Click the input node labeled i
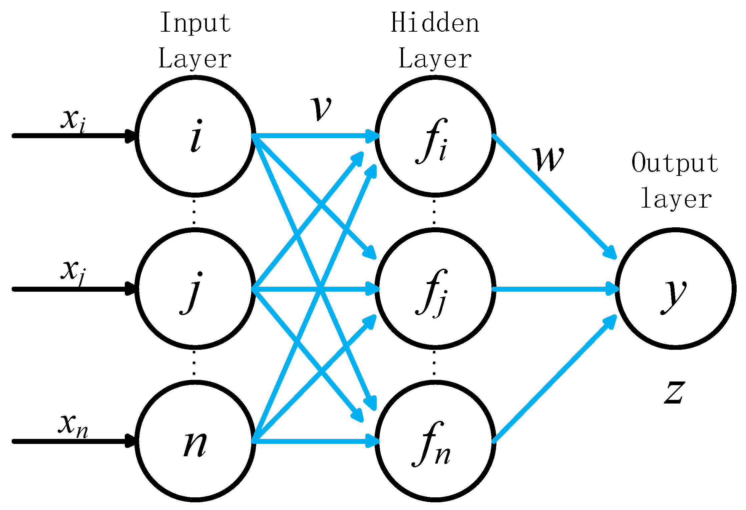195,136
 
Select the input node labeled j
195,289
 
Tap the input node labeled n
195,441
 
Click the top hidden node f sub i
435,136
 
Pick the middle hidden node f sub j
435,289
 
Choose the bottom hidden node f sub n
435,441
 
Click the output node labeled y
675,289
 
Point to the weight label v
321,108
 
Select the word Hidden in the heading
435,23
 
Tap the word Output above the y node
675,163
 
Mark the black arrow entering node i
73,136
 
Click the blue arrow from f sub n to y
554,379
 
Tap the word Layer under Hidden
435,59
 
